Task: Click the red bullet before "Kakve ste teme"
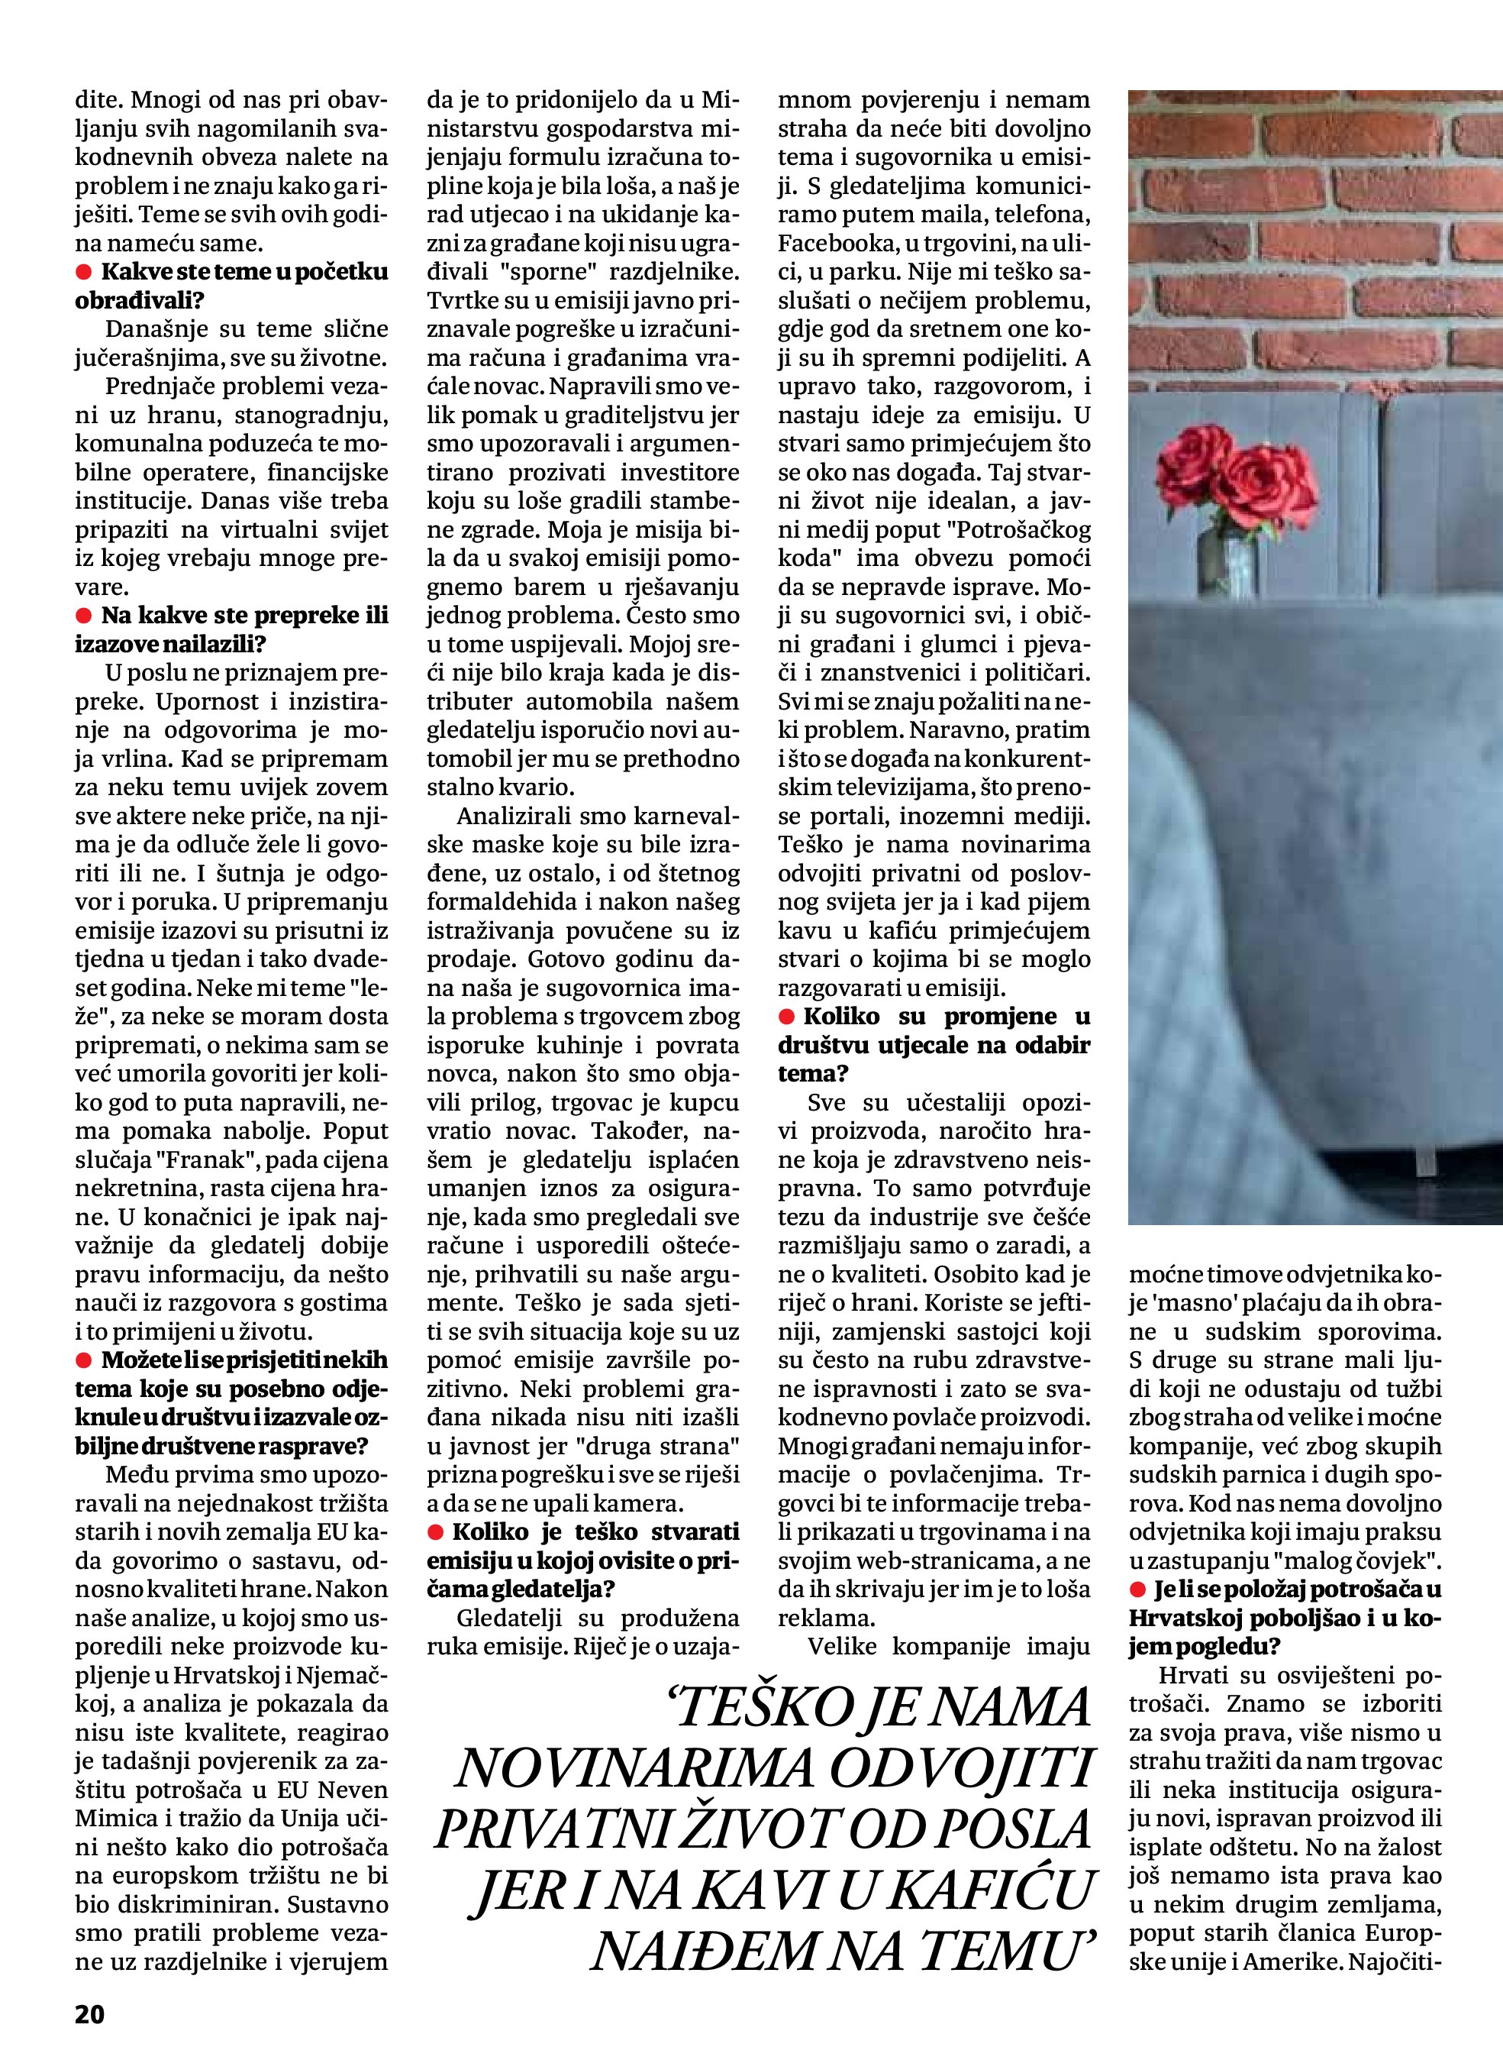[84, 272]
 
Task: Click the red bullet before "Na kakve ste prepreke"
[84, 616]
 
